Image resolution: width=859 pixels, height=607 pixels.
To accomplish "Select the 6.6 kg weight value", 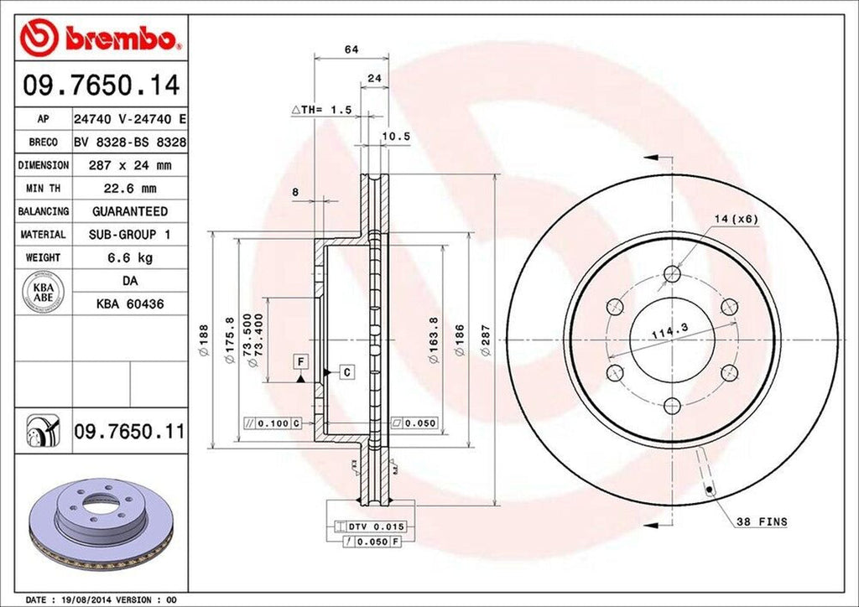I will [x=129, y=257].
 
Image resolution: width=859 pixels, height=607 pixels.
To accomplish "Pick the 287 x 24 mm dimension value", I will [x=129, y=165].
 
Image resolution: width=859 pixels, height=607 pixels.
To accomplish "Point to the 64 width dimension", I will [x=351, y=50].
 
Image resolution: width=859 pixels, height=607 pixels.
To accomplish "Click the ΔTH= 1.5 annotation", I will [x=320, y=110].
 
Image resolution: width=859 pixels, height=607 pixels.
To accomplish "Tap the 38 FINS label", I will [x=761, y=521].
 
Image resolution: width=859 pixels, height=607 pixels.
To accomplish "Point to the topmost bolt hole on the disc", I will [x=671, y=273].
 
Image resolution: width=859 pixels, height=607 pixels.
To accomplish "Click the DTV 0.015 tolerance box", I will [x=376, y=527].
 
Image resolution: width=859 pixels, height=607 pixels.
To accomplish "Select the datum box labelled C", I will [x=345, y=371].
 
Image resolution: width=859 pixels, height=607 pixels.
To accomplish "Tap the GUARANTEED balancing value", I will [x=129, y=211].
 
